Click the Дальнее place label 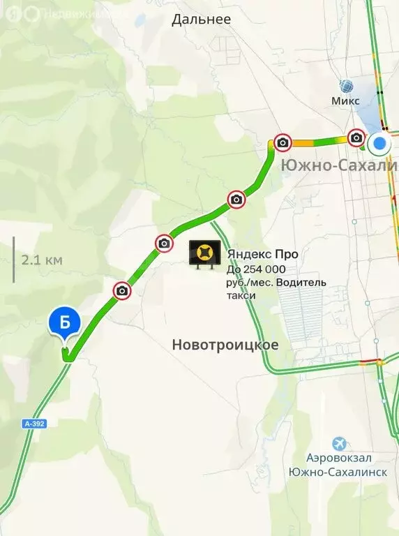(201, 20)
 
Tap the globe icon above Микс (346, 86)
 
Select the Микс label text (346, 100)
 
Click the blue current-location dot (379, 144)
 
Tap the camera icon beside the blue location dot (356, 137)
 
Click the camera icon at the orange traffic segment (283, 143)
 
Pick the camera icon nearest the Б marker (122, 290)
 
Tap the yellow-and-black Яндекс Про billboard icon (205, 253)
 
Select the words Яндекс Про (257, 255)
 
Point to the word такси (241, 295)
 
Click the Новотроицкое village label (225, 345)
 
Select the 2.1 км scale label (42, 260)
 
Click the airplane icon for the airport (339, 443)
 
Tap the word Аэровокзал (338, 459)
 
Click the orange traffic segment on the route (303, 143)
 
